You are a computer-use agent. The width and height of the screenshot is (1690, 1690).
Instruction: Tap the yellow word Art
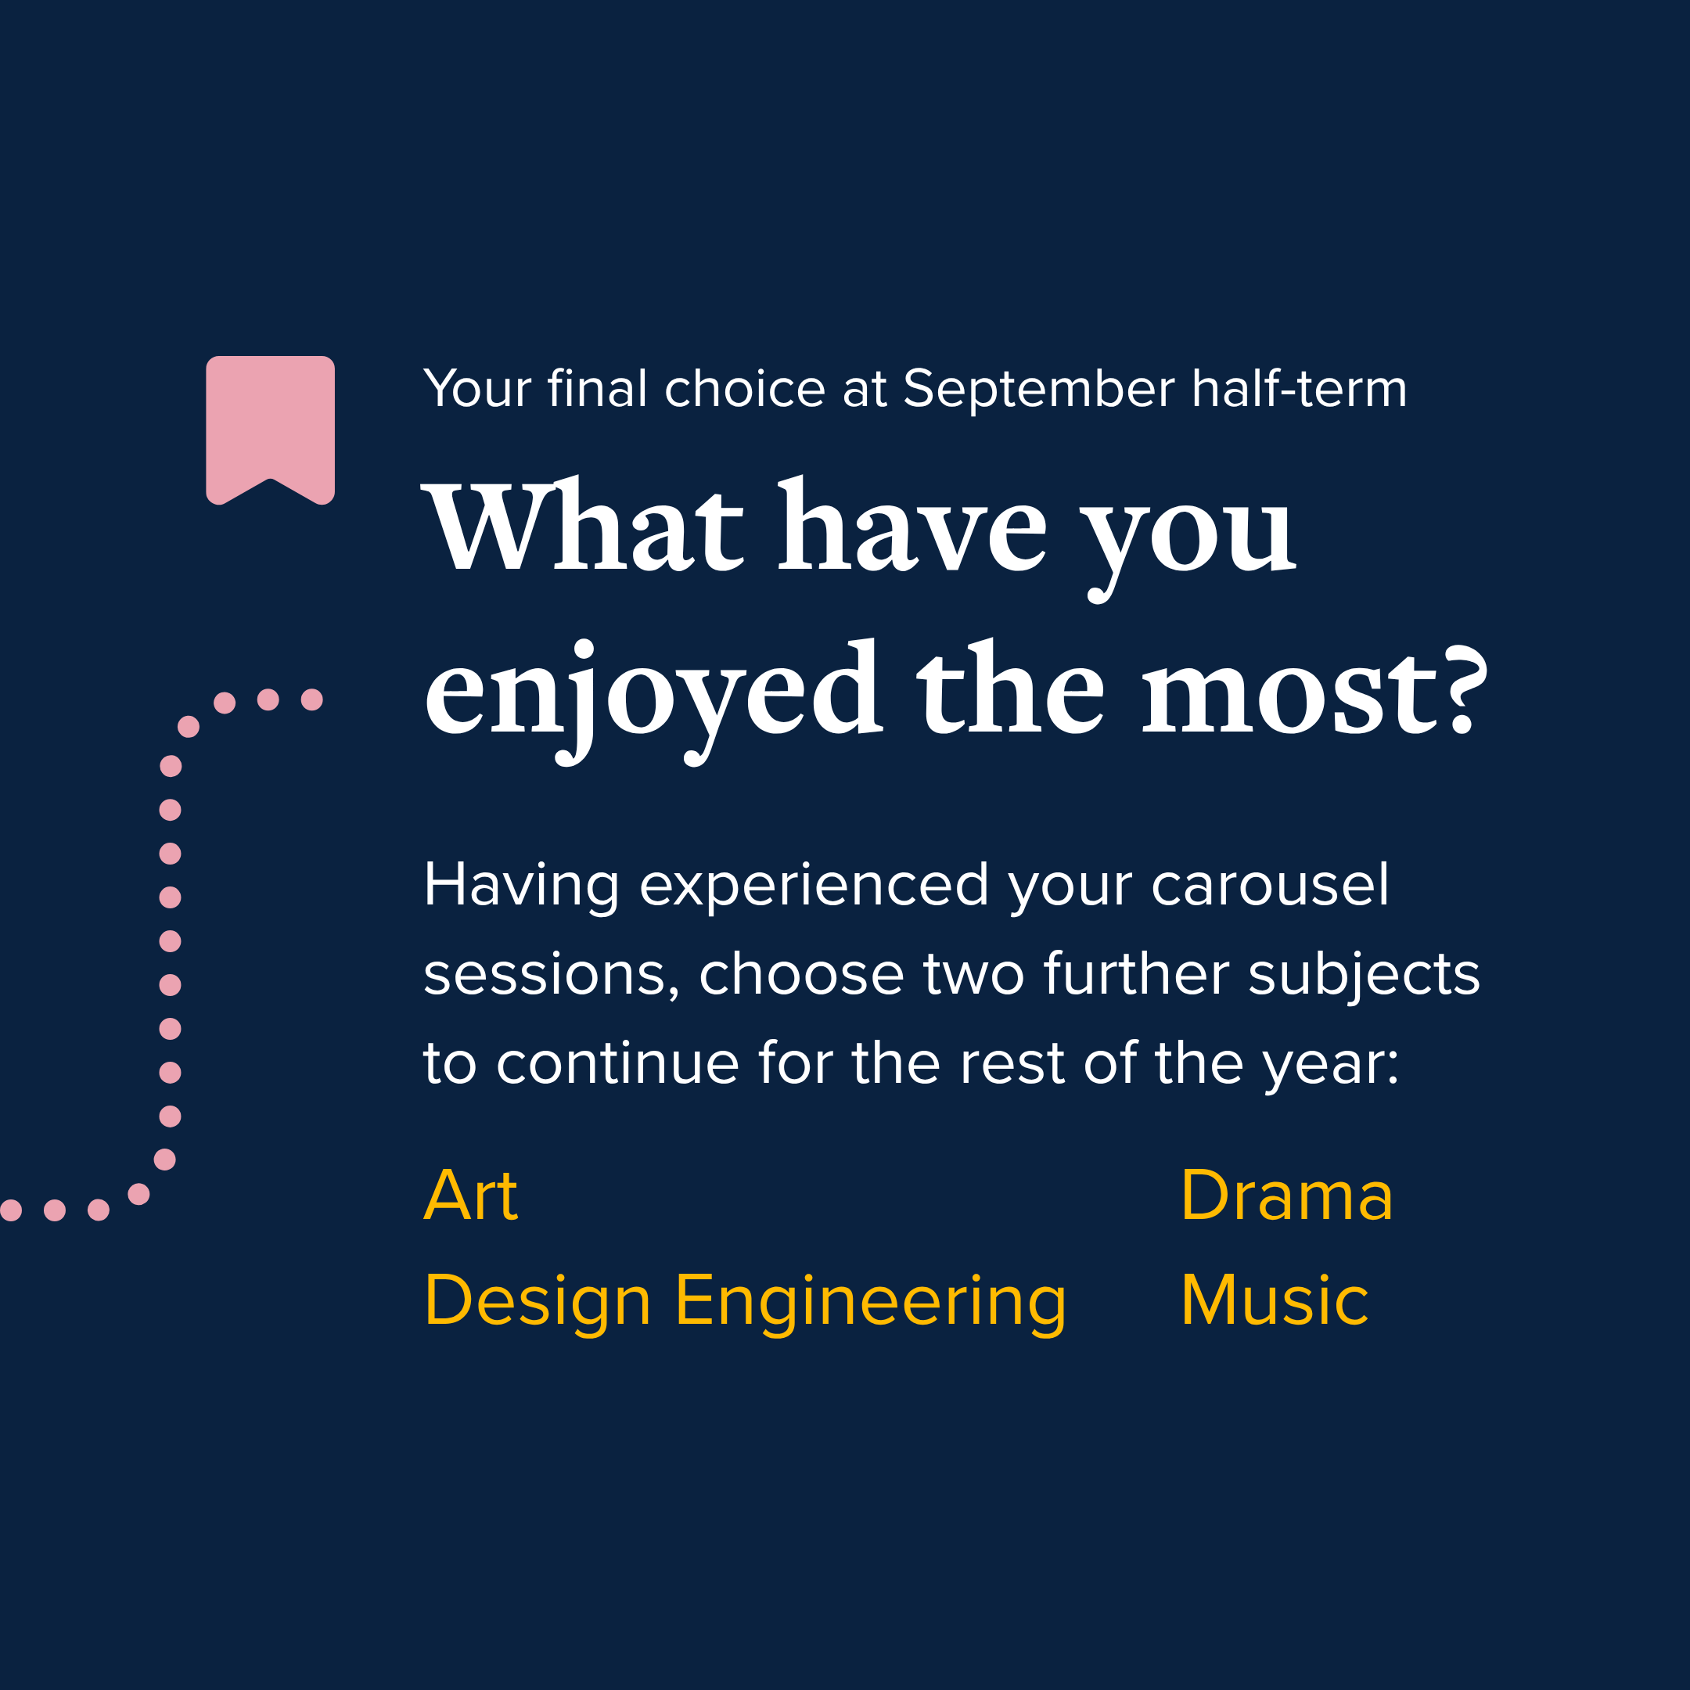pos(470,1195)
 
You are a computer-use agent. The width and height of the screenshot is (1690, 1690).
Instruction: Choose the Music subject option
pos(1275,1300)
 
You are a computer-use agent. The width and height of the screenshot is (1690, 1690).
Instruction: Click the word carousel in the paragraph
pos(1270,885)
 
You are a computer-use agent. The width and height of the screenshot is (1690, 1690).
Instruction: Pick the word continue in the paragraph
pos(617,1064)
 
